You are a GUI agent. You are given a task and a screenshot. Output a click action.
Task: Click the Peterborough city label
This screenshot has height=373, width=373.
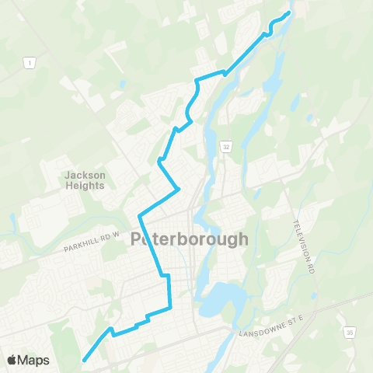click(x=190, y=239)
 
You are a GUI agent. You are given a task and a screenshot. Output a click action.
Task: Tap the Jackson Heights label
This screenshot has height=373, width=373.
click(x=85, y=180)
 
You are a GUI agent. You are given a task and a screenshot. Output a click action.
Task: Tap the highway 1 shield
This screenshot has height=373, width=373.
click(x=29, y=62)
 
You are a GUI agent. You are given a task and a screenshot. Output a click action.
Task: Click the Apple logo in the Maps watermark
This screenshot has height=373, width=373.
click(x=12, y=360)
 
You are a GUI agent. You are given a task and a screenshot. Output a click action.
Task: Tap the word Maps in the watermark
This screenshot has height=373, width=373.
click(x=34, y=361)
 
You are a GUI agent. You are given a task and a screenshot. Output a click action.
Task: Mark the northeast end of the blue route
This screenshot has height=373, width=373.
click(x=289, y=13)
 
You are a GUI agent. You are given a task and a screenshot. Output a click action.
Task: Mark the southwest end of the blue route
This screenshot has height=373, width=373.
click(x=84, y=359)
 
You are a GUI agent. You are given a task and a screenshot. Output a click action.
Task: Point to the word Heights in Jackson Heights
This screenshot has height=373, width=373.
click(x=85, y=186)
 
